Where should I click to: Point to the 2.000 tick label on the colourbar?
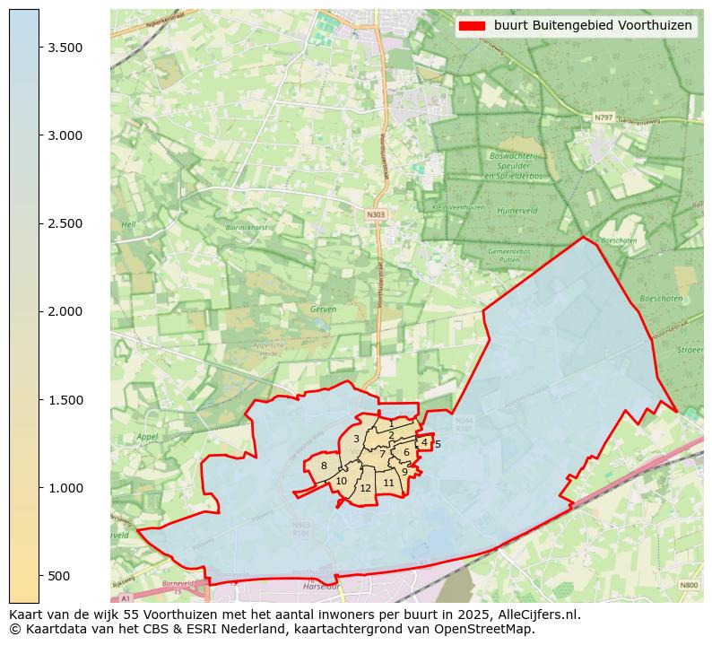[x=65, y=312]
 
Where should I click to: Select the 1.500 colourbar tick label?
[x=65, y=400]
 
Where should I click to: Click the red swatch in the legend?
[x=471, y=26]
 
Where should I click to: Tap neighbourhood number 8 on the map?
[x=324, y=466]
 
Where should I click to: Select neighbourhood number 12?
[x=365, y=488]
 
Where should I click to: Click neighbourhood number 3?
[x=356, y=439]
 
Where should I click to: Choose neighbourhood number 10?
[x=341, y=482]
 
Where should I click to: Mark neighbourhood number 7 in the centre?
[x=382, y=454]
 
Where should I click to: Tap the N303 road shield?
[x=376, y=214]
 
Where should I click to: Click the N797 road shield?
[x=603, y=118]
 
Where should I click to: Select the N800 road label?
[x=688, y=585]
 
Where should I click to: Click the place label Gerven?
[x=323, y=309]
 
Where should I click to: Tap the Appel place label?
[x=146, y=437]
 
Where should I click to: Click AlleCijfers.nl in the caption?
[x=540, y=615]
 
